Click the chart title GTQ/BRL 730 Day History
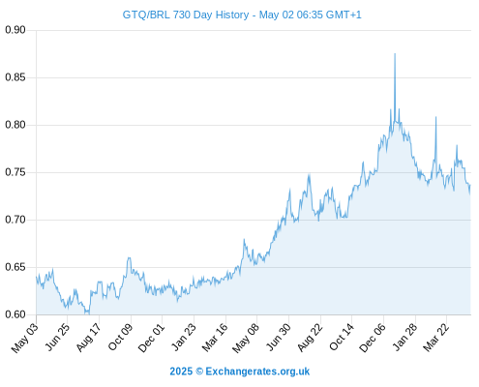[186, 15]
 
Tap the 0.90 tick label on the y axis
[15, 30]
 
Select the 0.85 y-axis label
[15, 77]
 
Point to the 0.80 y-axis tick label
[15, 125]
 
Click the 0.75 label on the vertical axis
[15, 172]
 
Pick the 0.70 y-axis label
[15, 220]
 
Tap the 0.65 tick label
[15, 267]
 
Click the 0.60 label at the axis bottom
[15, 314]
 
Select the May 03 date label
[25, 338]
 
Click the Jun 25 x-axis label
[56, 338]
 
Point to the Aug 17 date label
[88, 338]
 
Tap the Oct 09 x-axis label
[120, 338]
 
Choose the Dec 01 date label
[151, 338]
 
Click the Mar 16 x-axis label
[215, 338]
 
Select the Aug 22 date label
[310, 338]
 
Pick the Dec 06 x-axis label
[373, 338]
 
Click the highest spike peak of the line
[395, 54]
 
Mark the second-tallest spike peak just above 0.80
[435, 117]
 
